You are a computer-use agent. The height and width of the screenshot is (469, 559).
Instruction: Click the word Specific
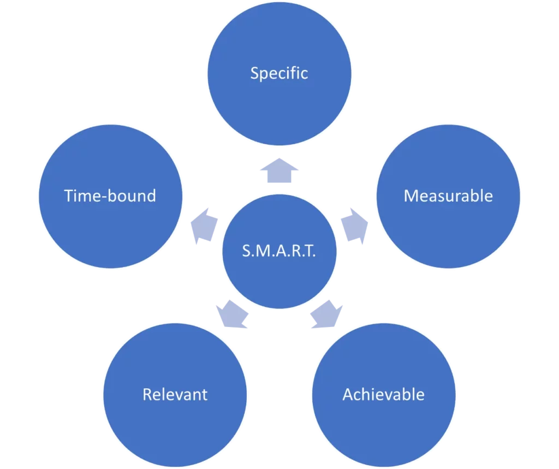pos(279,73)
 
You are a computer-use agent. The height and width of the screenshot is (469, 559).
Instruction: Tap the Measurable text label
pos(448,196)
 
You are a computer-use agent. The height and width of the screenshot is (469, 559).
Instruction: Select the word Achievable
pos(383,394)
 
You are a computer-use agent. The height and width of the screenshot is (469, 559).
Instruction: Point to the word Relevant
pos(175,394)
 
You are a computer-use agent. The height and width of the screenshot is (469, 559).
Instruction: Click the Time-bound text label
pos(110,196)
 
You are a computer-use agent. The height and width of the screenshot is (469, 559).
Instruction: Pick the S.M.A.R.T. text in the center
pos(279,252)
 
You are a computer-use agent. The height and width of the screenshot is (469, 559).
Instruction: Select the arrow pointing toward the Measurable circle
pos(355,224)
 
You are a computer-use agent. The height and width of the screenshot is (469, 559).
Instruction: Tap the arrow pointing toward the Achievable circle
pos(326,315)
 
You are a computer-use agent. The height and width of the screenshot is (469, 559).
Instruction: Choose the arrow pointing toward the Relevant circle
pos(232,315)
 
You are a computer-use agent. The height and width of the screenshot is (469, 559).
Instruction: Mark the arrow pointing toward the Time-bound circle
pos(203,224)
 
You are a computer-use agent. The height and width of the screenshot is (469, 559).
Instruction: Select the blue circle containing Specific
pos(279,38)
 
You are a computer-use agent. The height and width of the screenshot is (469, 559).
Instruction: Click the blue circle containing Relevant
pos(175,431)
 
